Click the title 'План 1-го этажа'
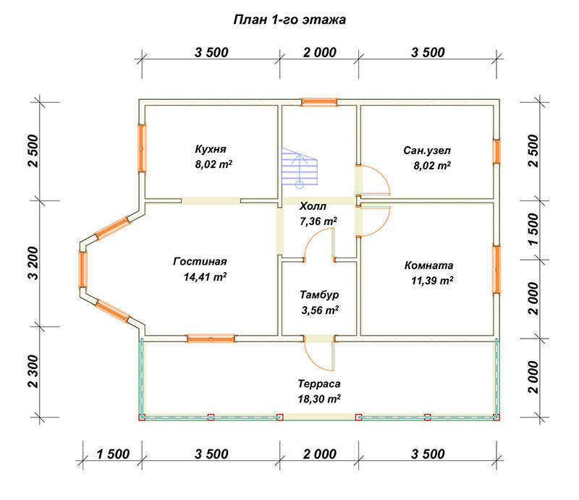click(289, 20)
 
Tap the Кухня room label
click(211, 149)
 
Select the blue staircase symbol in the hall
click(300, 168)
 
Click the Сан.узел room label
click(427, 151)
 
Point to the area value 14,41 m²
click(205, 276)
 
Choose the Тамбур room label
click(319, 295)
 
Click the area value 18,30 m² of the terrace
click(319, 399)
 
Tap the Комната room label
click(428, 265)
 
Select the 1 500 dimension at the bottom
click(113, 454)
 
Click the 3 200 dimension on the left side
click(33, 263)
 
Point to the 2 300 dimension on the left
click(33, 371)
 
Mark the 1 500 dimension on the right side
click(533, 229)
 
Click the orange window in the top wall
click(319, 102)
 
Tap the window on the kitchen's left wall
click(142, 148)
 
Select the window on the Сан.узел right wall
click(496, 151)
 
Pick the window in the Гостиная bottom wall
click(211, 339)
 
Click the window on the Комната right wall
click(496, 270)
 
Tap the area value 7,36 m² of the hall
click(318, 221)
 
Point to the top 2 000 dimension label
click(320, 52)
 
